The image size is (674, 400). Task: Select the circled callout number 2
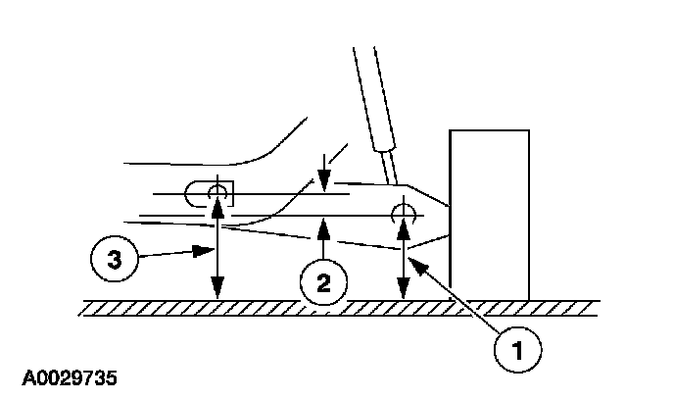pos(321,282)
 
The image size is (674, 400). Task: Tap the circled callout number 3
pos(116,262)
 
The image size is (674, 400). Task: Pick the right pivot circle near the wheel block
pos(402,213)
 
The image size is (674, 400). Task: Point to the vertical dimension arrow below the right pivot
pos(402,260)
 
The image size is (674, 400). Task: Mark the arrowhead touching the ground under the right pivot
pos(402,292)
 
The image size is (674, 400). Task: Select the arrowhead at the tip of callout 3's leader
pos(210,251)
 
